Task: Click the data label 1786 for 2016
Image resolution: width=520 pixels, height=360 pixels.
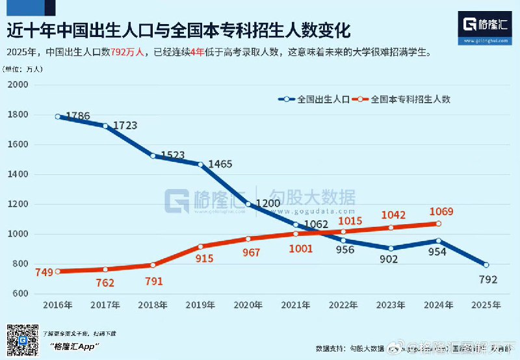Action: (x=78, y=116)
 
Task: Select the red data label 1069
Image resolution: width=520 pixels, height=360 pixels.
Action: (x=441, y=212)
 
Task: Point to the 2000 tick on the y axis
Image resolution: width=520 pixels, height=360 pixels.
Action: (x=19, y=85)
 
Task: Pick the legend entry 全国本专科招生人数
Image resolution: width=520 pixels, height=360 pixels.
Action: (x=410, y=99)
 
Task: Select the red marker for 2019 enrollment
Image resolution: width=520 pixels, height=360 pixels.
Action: (x=201, y=247)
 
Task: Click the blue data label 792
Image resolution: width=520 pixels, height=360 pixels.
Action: (x=487, y=280)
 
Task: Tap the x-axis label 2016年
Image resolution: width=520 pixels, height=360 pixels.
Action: (x=58, y=304)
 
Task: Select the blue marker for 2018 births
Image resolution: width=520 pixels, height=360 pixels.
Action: (x=153, y=156)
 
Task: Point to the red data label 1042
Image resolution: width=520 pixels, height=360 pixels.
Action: (x=393, y=215)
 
